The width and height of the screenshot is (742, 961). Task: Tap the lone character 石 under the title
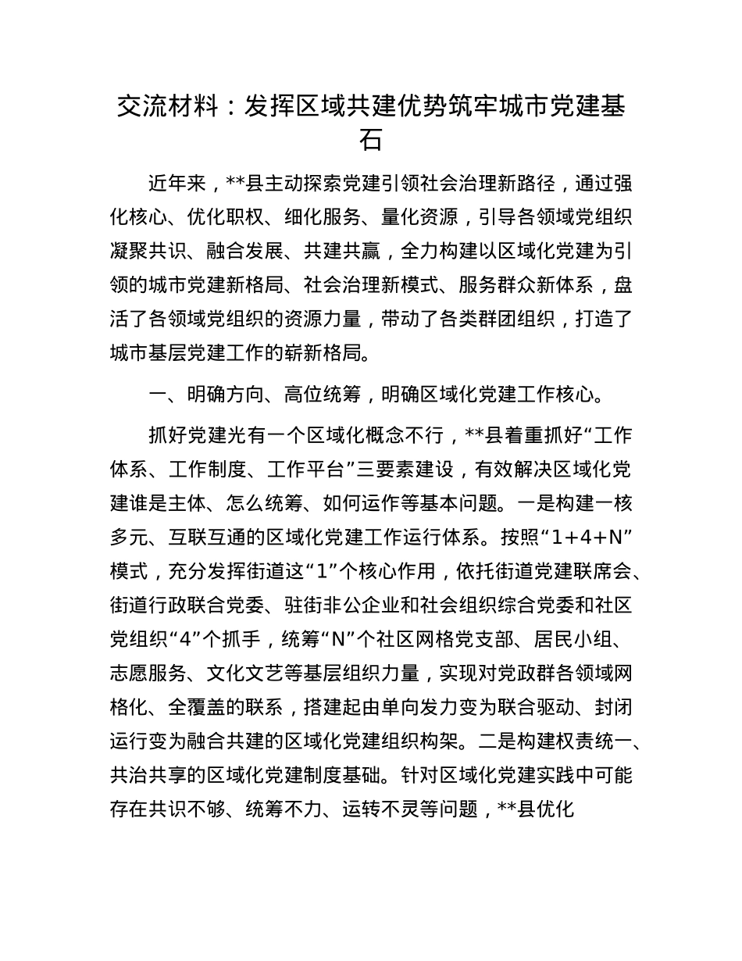[x=370, y=141]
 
